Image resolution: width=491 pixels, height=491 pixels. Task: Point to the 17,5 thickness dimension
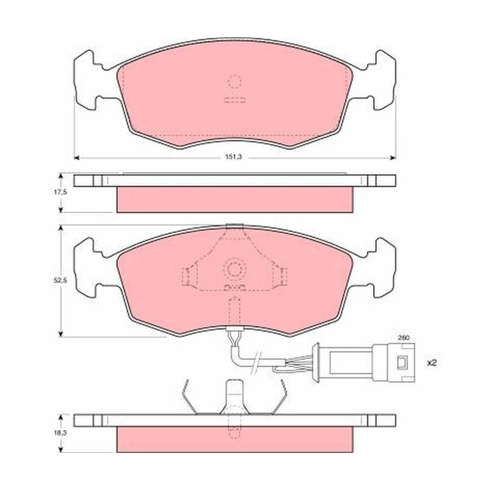[61, 192]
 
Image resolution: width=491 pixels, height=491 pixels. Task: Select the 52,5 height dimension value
[61, 280]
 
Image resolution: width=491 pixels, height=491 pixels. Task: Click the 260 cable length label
[404, 338]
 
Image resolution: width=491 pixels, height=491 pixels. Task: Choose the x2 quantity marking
[432, 363]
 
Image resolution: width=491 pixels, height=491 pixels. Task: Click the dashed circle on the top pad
[234, 82]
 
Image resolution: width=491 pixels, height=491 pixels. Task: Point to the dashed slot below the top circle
[234, 100]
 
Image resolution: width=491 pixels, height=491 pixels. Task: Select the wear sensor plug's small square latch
[401, 362]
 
